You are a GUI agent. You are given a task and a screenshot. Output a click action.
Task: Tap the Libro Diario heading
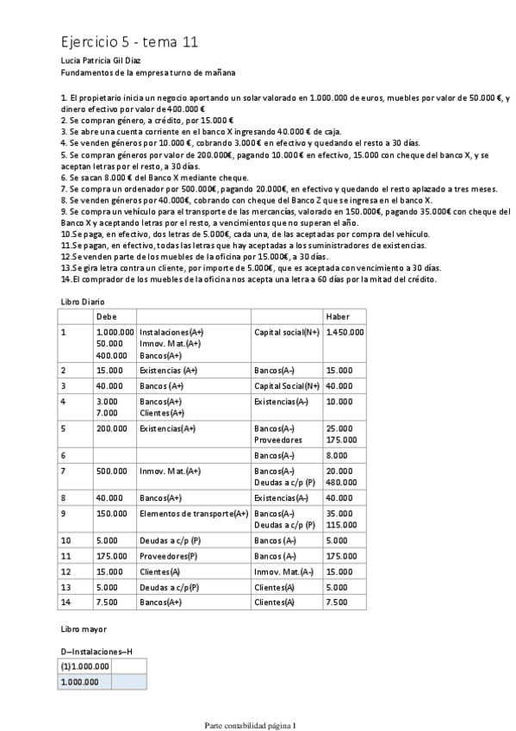84,300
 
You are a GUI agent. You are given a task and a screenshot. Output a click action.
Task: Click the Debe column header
106,316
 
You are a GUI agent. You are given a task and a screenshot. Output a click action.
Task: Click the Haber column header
338,316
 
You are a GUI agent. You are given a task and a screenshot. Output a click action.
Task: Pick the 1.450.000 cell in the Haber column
345,331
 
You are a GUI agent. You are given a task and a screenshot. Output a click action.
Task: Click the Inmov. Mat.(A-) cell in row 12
283,571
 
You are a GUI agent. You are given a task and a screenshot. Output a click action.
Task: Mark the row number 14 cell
65,602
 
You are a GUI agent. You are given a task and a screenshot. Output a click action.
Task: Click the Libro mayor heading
83,630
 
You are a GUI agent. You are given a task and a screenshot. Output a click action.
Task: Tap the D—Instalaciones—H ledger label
96,652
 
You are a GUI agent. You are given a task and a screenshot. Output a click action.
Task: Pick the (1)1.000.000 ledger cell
84,665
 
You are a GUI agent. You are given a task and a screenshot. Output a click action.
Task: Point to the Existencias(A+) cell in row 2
170,370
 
